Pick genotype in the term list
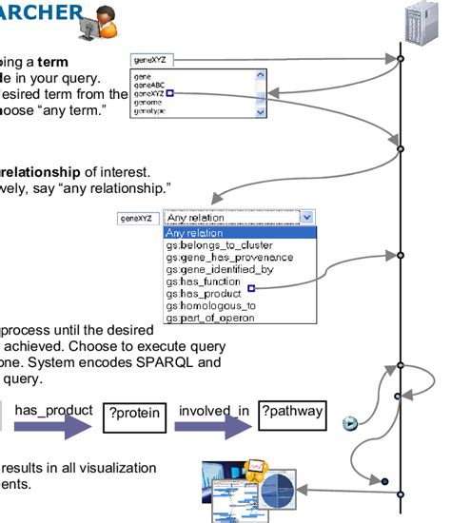click(x=152, y=111)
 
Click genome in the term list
click(x=148, y=103)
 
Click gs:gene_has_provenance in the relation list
click(x=227, y=258)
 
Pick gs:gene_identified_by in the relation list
click(x=220, y=270)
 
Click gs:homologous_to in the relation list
click(x=210, y=306)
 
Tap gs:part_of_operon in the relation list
click(x=209, y=319)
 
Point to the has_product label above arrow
click(x=51, y=410)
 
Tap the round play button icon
click(x=349, y=423)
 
